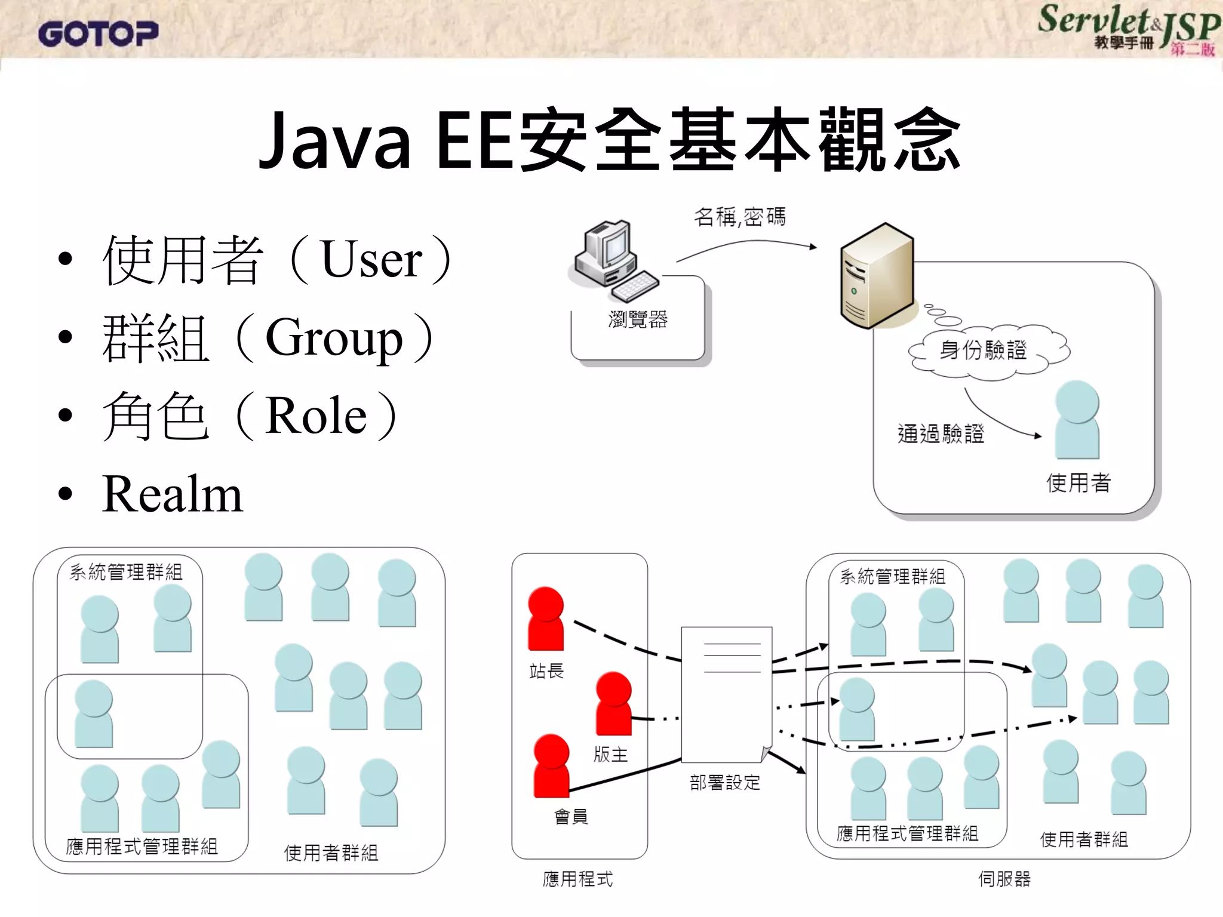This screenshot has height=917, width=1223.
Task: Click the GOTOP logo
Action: tap(99, 34)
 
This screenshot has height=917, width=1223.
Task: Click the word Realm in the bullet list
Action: tap(173, 494)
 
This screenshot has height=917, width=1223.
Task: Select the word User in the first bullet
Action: tap(371, 260)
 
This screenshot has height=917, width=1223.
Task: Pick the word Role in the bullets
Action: tap(316, 416)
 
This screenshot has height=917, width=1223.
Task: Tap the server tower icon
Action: tap(877, 276)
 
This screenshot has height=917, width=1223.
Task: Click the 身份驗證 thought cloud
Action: tap(989, 350)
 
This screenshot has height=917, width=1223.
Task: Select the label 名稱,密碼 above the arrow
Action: tap(740, 217)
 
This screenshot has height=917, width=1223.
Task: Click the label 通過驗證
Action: tap(941, 434)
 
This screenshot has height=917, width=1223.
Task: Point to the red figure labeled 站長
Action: tap(545, 618)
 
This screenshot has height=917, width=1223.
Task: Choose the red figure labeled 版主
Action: tap(613, 703)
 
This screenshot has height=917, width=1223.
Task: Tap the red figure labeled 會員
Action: tap(551, 766)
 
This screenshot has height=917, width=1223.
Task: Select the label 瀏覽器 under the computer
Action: tap(638, 320)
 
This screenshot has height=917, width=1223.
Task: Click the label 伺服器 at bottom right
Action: tap(1004, 879)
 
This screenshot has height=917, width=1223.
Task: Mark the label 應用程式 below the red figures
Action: tap(577, 879)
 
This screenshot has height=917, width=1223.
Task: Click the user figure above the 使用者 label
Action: tap(1077, 420)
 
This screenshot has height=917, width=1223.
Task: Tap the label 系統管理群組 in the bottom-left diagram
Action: tap(126, 572)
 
